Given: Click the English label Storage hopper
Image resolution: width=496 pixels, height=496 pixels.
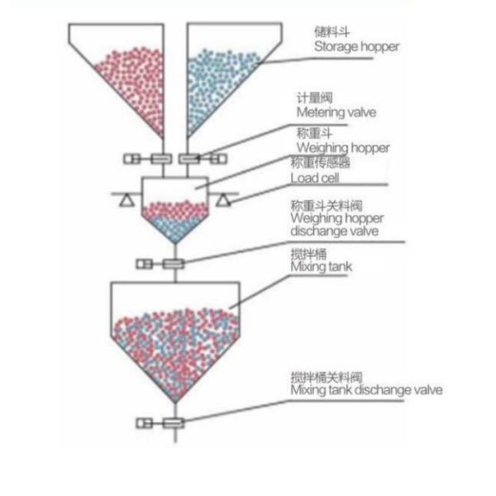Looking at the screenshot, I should click(356, 46).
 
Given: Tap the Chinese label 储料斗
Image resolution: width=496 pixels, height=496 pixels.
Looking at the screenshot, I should click(327, 31).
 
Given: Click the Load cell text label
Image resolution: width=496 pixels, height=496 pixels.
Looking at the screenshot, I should click(316, 177).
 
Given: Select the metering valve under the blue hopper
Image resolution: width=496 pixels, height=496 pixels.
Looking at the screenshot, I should click(188, 159).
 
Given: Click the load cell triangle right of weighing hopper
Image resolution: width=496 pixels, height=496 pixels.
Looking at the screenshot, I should click(222, 200).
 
